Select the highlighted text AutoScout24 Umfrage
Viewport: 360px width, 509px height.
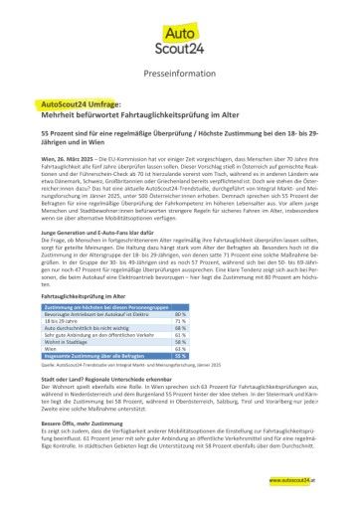(x=82, y=102)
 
